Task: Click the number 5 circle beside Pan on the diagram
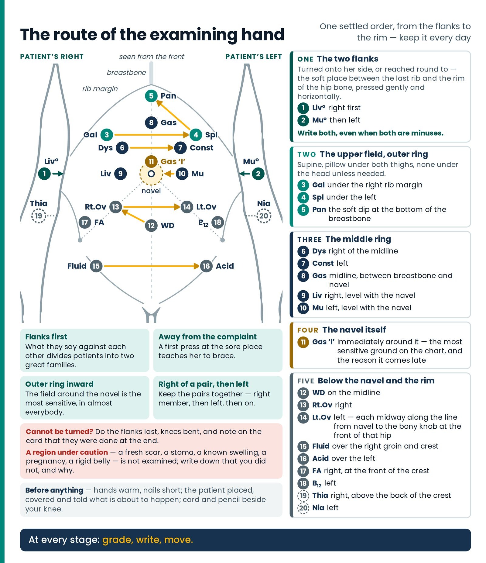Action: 151,96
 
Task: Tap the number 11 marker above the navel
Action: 151,161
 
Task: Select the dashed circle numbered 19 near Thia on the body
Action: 39,216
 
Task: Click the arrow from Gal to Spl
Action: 152,135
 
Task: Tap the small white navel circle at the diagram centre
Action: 151,174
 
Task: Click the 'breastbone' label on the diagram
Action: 126,73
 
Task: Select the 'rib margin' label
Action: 100,89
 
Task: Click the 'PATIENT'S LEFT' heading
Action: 253,57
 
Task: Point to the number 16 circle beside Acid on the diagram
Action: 206,266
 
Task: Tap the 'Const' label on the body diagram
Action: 201,148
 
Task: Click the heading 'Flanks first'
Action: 46,337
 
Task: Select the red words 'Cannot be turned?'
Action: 59,431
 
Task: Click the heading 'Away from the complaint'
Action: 207,337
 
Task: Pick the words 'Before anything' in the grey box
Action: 54,490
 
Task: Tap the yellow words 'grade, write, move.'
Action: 148,540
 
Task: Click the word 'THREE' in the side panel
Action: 309,240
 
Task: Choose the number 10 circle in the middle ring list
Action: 303,308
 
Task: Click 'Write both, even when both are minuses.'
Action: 370,133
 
